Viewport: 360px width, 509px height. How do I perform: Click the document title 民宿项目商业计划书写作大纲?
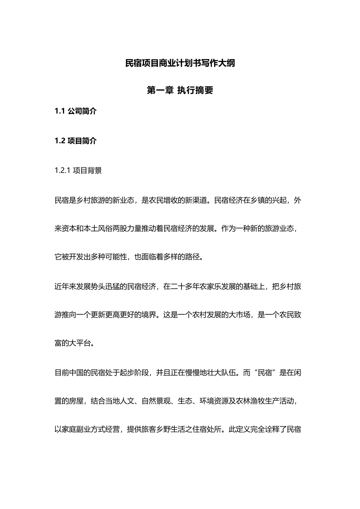180,63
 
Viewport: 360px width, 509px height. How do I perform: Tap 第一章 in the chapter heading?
160,91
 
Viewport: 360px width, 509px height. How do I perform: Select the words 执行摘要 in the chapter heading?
195,91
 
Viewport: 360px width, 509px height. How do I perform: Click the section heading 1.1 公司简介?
76,111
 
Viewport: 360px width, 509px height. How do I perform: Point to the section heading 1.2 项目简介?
76,141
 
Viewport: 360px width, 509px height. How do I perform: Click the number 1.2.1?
63,170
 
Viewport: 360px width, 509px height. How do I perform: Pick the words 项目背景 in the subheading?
87,170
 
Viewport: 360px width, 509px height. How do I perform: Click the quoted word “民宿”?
264,373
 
